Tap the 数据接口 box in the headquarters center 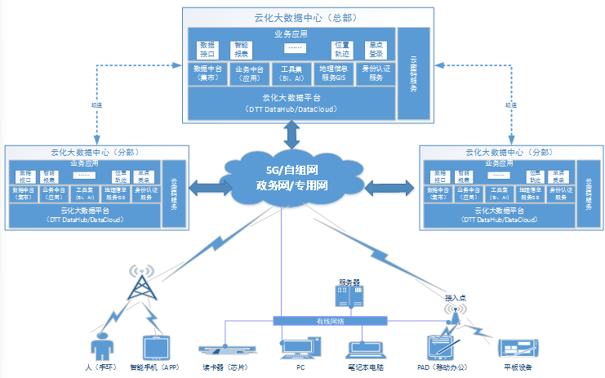click(x=208, y=49)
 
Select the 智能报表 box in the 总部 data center click(x=243, y=49)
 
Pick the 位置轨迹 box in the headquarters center click(x=342, y=49)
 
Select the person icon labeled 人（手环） click(x=102, y=347)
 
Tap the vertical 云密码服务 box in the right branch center click(x=587, y=193)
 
